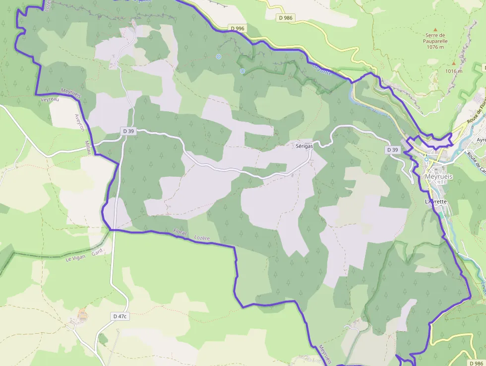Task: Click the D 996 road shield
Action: [x=238, y=28]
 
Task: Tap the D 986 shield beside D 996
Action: [x=286, y=18]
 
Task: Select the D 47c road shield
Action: [x=120, y=316]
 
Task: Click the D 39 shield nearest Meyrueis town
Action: [x=392, y=149]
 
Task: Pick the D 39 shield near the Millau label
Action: [x=128, y=131]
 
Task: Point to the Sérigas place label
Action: [x=305, y=146]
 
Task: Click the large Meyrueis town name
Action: [x=439, y=177]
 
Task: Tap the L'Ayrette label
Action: [x=436, y=202]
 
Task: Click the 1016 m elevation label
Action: [x=453, y=71]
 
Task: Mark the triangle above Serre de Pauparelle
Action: [x=435, y=29]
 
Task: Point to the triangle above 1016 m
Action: [x=453, y=64]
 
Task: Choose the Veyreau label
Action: [x=50, y=99]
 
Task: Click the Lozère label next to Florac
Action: [x=202, y=238]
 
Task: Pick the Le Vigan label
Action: [x=75, y=258]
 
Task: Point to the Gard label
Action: [x=97, y=252]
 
